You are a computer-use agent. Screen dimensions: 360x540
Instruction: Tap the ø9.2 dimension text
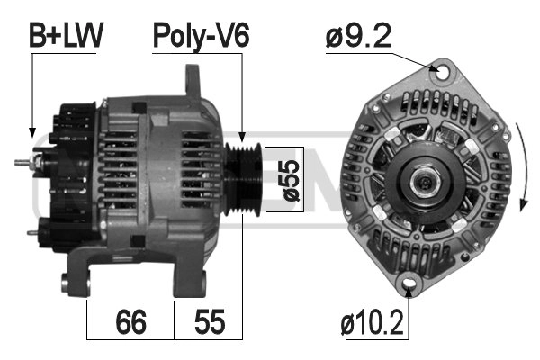coord(357,38)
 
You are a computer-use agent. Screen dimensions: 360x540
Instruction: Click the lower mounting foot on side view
coord(85,270)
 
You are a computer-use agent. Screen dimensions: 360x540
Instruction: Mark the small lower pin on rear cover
coord(34,232)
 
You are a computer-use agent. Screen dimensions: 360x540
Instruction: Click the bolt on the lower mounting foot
coord(69,287)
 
